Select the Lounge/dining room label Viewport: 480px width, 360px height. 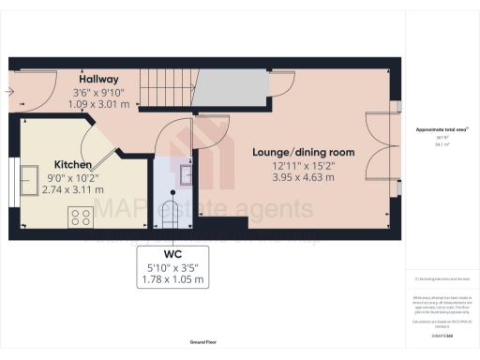[x=303, y=151]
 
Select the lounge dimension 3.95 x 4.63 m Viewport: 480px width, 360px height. [x=303, y=174]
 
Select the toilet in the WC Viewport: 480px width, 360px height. [x=172, y=211]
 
